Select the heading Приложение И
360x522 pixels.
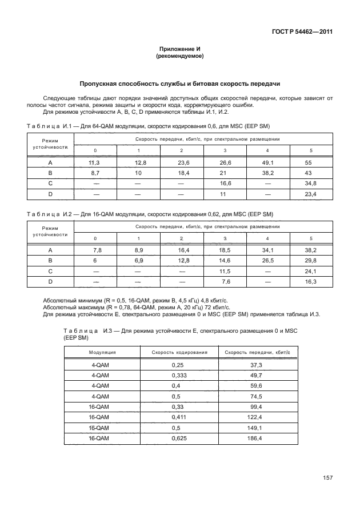pos(180,50)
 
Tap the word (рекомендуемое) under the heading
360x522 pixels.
pos(180,57)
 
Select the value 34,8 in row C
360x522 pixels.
pos(311,184)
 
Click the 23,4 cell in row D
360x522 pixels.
pos(311,194)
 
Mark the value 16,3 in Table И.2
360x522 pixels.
pos(311,282)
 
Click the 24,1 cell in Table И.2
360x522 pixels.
pos(311,271)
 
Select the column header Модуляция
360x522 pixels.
pos(103,353)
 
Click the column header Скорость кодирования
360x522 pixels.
pos(179,353)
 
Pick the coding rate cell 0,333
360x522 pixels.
pos(179,375)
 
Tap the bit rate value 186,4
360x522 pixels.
pos(255,438)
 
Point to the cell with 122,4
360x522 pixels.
pos(255,417)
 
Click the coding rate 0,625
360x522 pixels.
pos(179,438)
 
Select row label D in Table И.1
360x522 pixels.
pos(50,194)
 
